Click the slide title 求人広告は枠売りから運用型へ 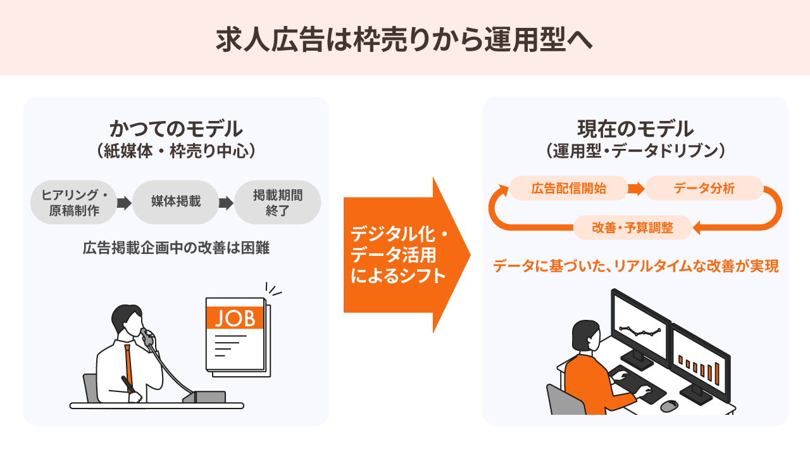404,39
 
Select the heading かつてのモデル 176,129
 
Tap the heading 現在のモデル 635,129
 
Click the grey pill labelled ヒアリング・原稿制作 74,202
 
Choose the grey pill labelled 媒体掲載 176,202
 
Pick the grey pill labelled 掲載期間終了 278,202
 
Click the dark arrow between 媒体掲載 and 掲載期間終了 227,203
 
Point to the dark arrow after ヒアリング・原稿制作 125,203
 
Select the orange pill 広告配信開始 568,188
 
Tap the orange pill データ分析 704,188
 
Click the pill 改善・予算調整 632,227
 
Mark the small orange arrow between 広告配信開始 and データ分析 637,189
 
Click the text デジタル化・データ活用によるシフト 399,255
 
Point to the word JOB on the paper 235,319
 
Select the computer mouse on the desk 669,406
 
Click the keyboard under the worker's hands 637,384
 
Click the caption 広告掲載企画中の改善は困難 176,248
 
